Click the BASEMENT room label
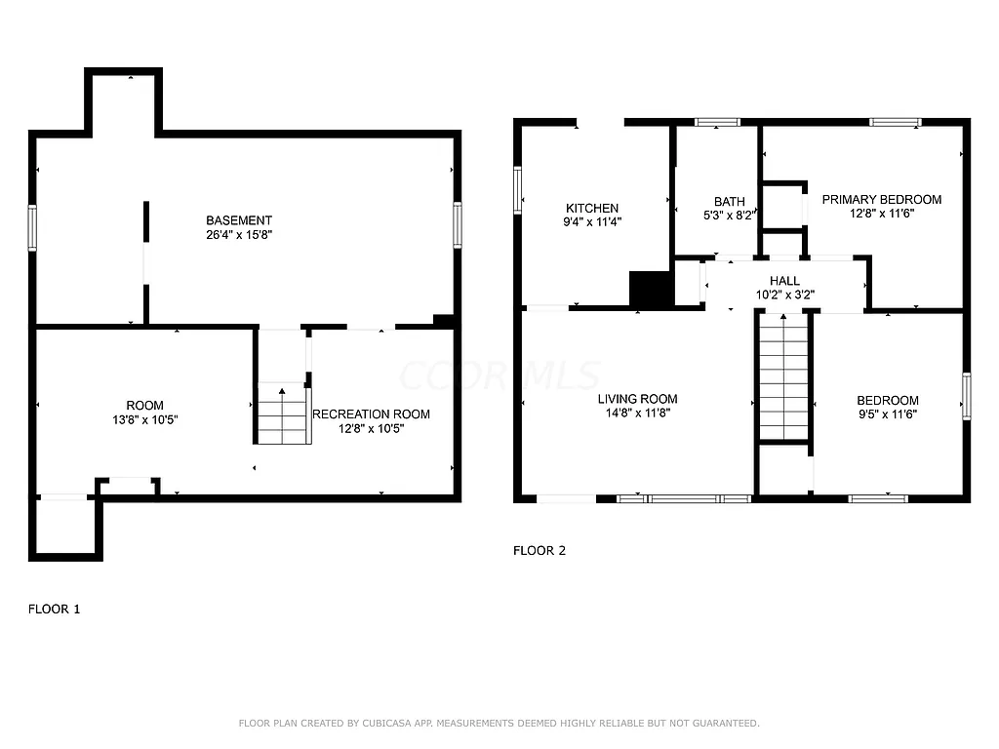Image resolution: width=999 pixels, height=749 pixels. tap(239, 220)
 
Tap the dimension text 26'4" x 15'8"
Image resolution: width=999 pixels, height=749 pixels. tap(239, 235)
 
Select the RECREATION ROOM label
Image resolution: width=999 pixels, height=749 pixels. tap(371, 414)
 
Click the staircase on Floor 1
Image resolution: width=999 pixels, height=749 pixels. tap(283, 414)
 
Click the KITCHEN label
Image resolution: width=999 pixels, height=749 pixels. tap(592, 208)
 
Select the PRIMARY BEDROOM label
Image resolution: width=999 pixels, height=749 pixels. tap(881, 199)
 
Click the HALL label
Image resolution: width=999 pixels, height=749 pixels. tap(785, 281)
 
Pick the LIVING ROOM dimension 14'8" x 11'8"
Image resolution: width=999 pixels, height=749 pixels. tap(637, 413)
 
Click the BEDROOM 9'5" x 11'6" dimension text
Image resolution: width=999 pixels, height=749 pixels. tap(887, 414)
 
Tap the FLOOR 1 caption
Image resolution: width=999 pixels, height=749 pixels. tap(54, 609)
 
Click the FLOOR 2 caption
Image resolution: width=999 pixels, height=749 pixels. tap(539, 550)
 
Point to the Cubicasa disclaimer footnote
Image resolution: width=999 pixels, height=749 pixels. tap(499, 723)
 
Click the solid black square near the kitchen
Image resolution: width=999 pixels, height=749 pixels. tap(651, 290)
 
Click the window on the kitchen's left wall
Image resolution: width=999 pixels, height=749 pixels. tap(518, 189)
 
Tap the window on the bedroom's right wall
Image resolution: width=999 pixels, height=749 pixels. tap(966, 395)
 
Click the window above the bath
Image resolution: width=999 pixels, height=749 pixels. tap(717, 122)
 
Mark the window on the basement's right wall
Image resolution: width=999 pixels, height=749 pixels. tap(458, 225)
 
